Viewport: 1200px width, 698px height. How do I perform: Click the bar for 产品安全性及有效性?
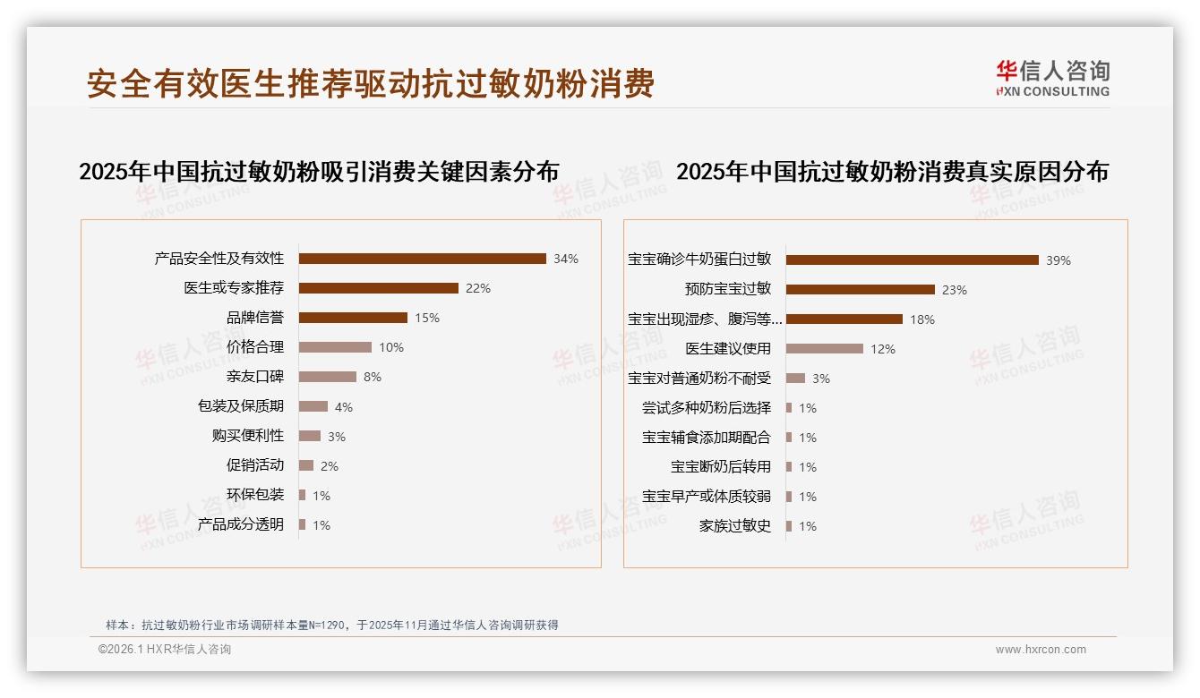coord(422,259)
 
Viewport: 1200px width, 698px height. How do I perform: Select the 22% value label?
coord(477,288)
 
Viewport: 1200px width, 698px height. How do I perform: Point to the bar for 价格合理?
coord(335,347)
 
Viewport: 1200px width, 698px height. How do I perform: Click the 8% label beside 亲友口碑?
coord(372,377)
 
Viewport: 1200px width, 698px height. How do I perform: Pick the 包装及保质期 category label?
coord(240,406)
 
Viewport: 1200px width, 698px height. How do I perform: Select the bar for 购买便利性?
coord(309,436)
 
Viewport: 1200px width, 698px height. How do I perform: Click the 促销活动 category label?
coord(254,465)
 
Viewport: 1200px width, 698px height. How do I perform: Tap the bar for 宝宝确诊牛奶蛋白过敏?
coord(912,260)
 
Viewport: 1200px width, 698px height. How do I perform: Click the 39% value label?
coord(1058,260)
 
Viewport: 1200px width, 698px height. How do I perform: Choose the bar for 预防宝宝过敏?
coord(860,289)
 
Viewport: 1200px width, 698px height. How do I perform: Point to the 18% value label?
coord(921,319)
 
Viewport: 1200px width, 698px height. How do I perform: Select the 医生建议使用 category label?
coord(727,349)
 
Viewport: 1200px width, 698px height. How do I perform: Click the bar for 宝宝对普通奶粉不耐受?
coord(795,379)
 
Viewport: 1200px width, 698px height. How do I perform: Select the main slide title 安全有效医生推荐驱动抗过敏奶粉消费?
coord(371,83)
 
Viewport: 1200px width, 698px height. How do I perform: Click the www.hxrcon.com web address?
coord(1040,650)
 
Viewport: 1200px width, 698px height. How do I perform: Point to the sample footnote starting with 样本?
coord(331,625)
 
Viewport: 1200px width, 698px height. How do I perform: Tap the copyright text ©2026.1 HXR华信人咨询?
coord(164,650)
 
